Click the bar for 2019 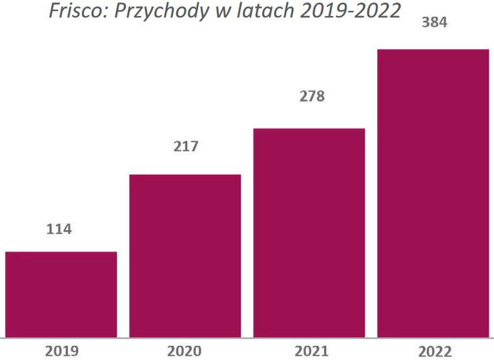[61, 294]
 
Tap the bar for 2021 [309, 233]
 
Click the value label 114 [59, 229]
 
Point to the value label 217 [186, 147]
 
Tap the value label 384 [434, 22]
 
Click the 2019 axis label [61, 351]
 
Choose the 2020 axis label [185, 351]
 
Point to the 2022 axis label [434, 351]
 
